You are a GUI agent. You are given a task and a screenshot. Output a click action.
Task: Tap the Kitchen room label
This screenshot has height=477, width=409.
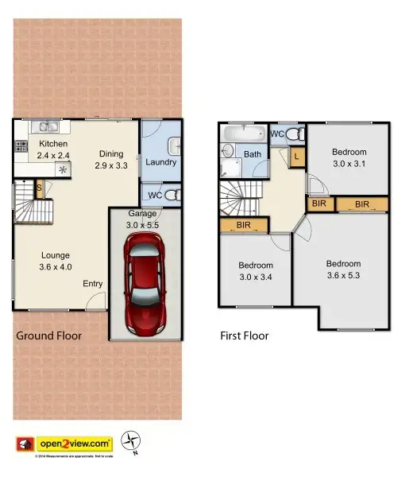52,144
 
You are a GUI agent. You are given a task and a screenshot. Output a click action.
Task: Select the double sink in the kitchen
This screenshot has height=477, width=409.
45,126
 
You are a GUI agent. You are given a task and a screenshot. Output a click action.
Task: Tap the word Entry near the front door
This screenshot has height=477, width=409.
92,284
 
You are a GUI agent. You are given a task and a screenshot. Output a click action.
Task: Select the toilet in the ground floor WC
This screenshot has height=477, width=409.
174,194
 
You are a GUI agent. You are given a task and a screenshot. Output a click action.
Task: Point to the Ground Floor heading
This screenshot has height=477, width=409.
48,336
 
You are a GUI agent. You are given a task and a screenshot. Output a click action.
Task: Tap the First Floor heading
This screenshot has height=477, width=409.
244,336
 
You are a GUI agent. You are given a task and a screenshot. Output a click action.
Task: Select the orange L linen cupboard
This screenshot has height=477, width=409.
296,157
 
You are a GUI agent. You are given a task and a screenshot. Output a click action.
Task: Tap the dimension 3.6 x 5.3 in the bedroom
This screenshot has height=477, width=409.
342,276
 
